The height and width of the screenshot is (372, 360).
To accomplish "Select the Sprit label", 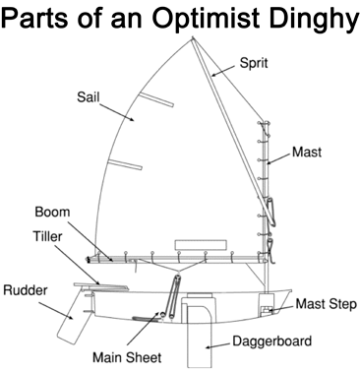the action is click(x=254, y=62).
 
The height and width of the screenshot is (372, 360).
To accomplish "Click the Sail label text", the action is click(x=88, y=96).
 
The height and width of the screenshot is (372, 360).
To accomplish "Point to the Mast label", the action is click(x=307, y=152).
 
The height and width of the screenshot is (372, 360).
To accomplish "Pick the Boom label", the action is click(x=52, y=212).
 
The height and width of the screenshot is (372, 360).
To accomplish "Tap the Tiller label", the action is click(x=47, y=236).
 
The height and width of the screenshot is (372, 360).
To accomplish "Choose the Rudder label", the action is click(x=26, y=290).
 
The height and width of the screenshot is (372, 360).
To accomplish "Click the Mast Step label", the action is click(x=326, y=304).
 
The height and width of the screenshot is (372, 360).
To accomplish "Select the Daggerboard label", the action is click(x=272, y=341).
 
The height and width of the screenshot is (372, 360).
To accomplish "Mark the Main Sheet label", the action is click(x=127, y=357).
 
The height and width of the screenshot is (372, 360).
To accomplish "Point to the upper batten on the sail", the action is click(x=156, y=99).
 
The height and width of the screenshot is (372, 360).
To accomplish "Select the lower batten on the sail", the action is click(x=126, y=164).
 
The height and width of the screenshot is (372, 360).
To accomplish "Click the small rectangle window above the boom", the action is click(x=201, y=245).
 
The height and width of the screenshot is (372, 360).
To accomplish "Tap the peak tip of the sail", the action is click(x=192, y=37).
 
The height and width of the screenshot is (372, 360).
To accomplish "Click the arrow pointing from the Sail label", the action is click(x=117, y=112).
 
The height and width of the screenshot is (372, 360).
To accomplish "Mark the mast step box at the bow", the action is click(x=267, y=305).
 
